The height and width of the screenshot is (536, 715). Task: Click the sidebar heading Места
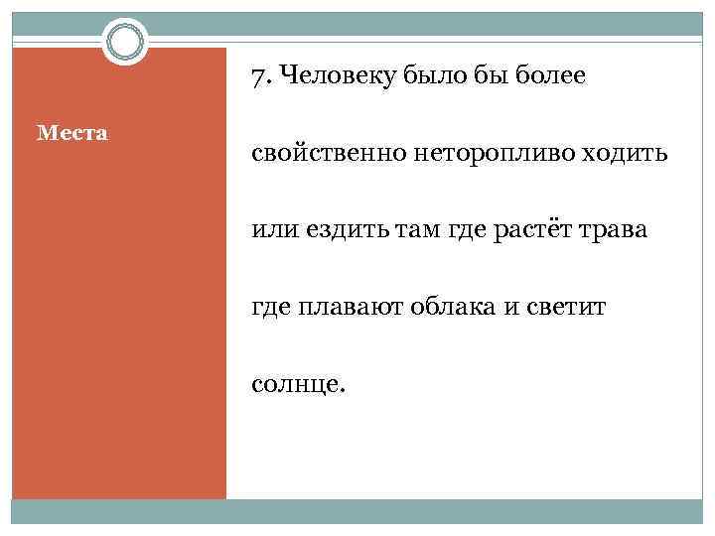click(x=72, y=132)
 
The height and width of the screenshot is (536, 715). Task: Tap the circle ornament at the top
click(x=125, y=42)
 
